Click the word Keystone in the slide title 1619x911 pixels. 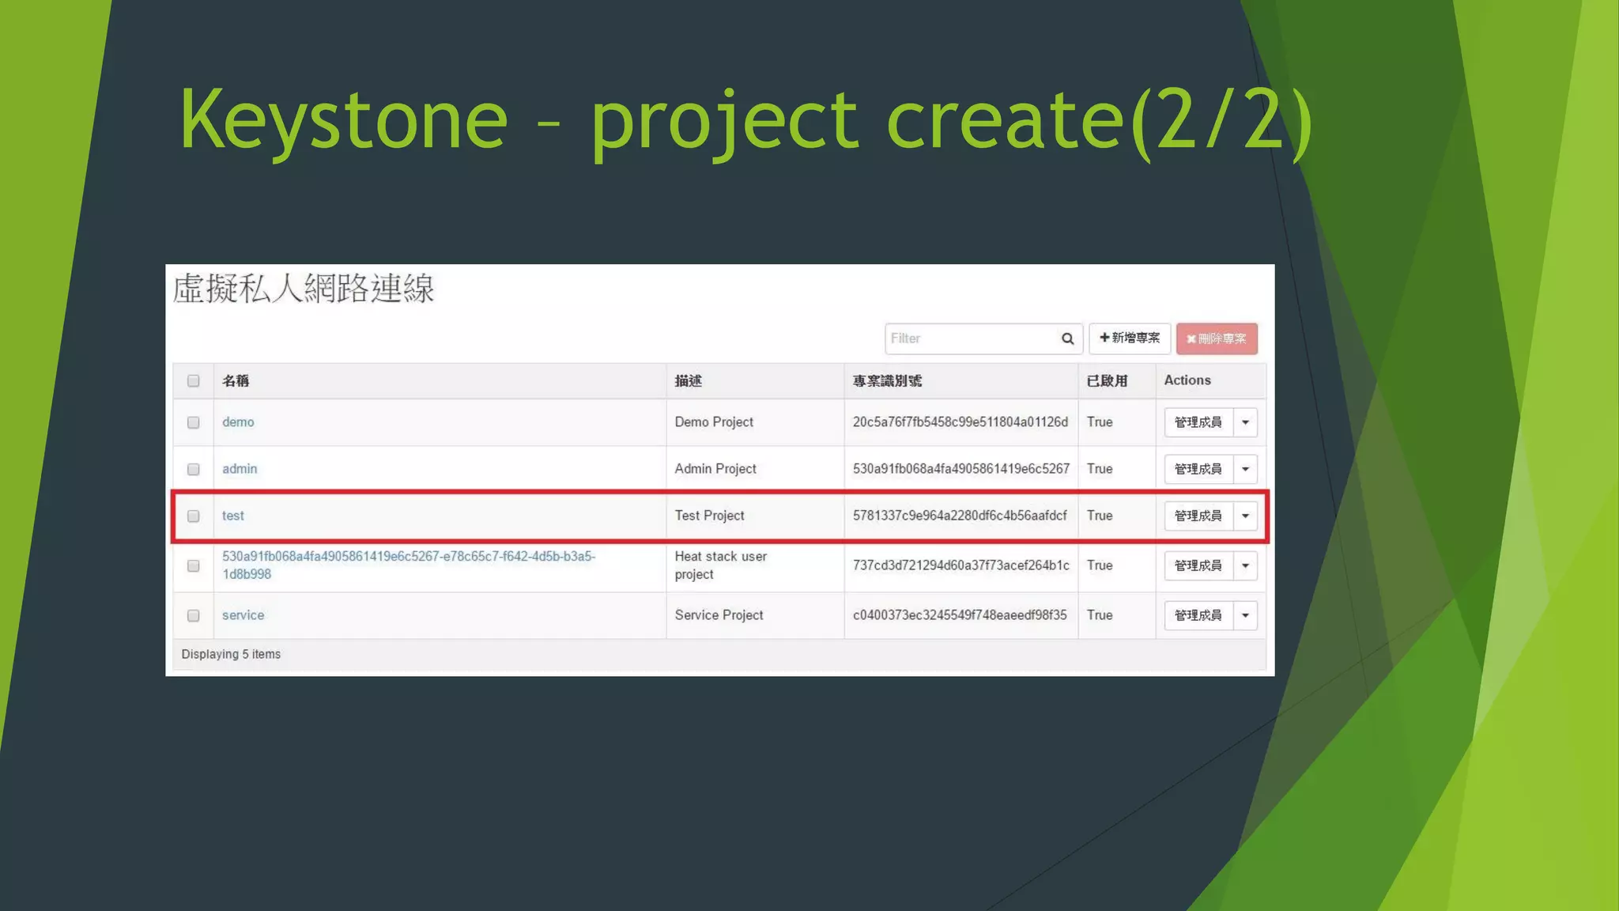pos(343,120)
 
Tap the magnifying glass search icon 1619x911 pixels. pos(1067,338)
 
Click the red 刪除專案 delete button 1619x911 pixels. pos(1216,338)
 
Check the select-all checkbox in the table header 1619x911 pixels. pos(193,381)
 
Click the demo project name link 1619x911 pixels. pos(238,422)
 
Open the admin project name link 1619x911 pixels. pos(240,469)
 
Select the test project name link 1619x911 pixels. pos(233,516)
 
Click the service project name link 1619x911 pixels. pos(243,615)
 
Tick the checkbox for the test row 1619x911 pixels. pos(193,516)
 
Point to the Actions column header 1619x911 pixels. pos(1187,380)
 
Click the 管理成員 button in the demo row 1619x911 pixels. pos(1198,422)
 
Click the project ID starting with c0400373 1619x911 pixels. pos(959,615)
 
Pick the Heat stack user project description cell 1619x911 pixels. pos(720,565)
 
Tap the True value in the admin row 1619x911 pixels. pos(1099,469)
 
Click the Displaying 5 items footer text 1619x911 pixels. pos(231,654)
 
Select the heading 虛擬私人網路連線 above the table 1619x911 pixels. pos(304,289)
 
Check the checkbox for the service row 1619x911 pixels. pos(193,616)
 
